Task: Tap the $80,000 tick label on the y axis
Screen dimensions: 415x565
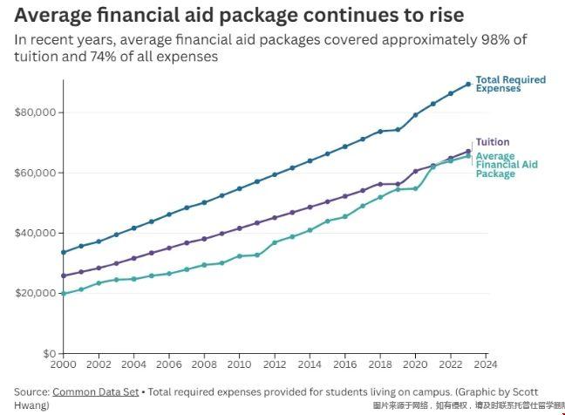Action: point(36,112)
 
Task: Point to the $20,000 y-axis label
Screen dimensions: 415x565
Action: point(36,293)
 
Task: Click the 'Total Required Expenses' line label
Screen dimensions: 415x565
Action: point(510,84)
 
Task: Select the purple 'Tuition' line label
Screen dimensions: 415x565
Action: point(493,142)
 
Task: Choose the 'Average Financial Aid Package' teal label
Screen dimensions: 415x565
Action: point(506,165)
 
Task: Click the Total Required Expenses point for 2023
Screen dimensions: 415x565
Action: point(468,84)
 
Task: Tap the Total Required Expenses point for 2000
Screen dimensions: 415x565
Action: point(63,253)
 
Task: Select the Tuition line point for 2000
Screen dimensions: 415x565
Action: point(63,276)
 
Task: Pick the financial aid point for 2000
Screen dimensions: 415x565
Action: point(63,294)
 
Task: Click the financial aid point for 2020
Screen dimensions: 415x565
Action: point(415,188)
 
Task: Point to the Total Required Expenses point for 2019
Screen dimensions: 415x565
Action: point(398,130)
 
